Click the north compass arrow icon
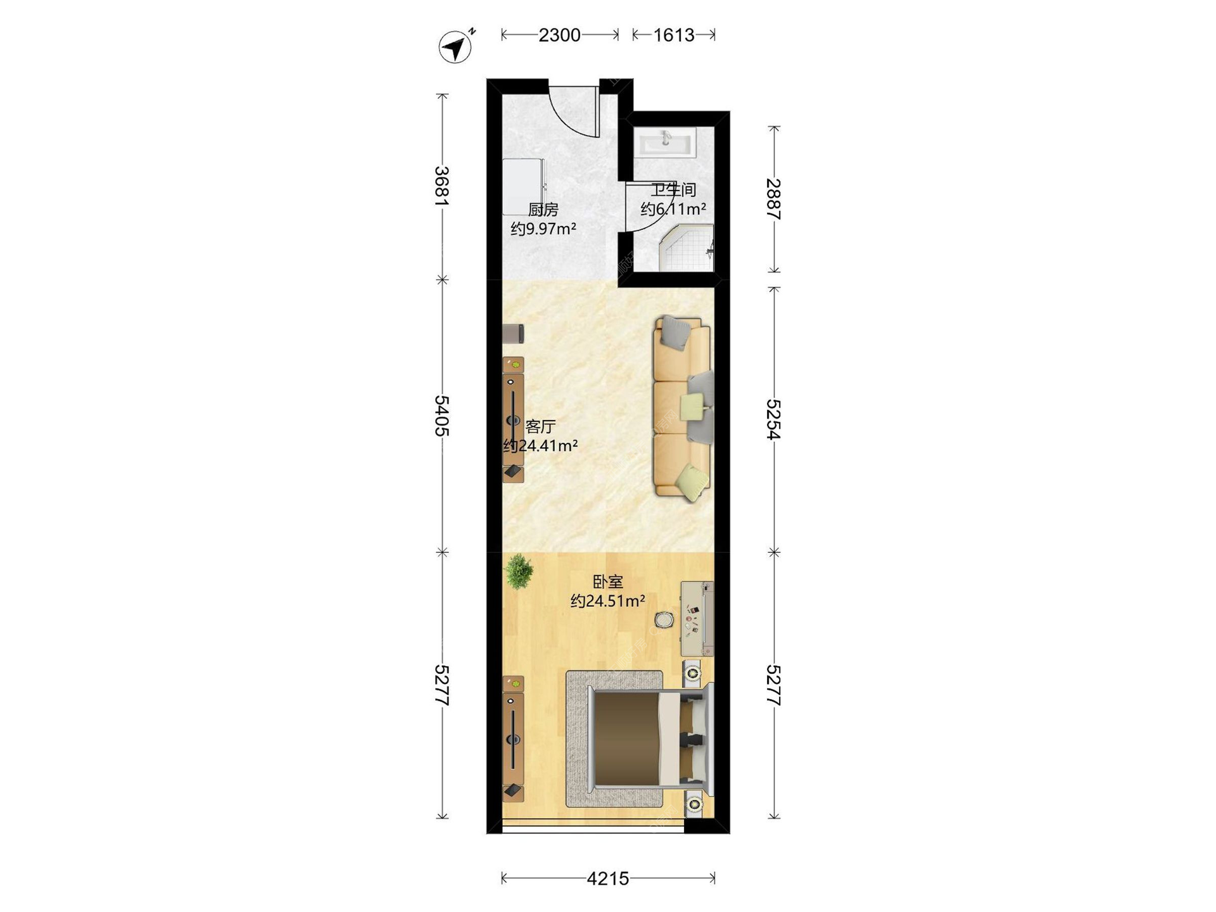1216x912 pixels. (456, 46)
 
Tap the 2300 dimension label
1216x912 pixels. (559, 35)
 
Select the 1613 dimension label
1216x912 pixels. (673, 35)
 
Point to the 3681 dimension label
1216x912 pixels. (442, 186)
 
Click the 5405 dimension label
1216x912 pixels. (442, 415)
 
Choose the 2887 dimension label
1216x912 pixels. (773, 199)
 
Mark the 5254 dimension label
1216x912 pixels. (773, 419)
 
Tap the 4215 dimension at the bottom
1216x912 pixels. (608, 878)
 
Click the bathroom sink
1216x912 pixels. (666, 142)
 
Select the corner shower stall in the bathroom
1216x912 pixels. (687, 251)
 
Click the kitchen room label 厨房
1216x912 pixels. (543, 210)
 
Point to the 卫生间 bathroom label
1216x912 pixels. (673, 189)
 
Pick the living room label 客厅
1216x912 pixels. (540, 426)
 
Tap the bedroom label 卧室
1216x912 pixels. (608, 581)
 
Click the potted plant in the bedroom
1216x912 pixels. (519, 571)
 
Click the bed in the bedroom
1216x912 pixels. (650, 738)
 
